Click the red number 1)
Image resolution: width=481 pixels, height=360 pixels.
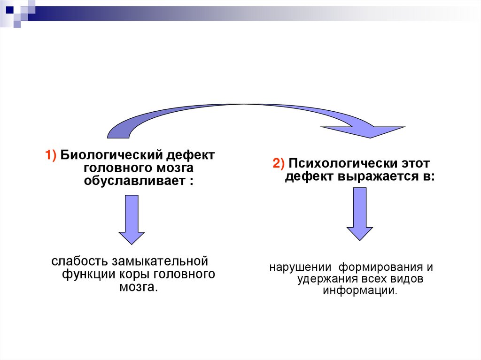(x=51, y=155)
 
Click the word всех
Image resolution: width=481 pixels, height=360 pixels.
(x=375, y=279)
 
